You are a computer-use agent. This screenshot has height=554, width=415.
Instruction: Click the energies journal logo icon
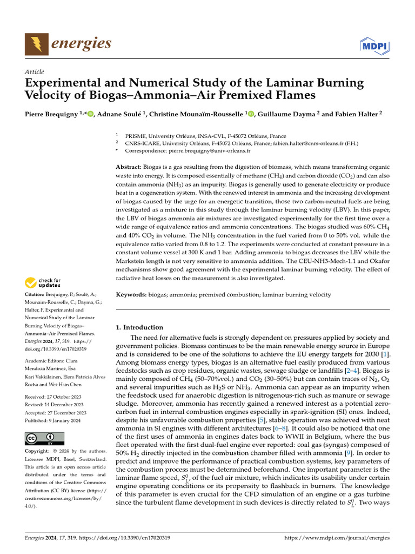tap(36, 43)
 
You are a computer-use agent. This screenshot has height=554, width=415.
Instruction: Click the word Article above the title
tap(35, 72)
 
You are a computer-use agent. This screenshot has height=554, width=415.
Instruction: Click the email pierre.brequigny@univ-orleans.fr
tap(207, 151)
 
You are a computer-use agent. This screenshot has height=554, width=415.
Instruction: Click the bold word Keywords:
tap(132, 294)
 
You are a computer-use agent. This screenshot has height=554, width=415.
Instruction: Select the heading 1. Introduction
tap(139, 327)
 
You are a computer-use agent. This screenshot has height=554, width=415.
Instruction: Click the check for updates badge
tap(43, 282)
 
